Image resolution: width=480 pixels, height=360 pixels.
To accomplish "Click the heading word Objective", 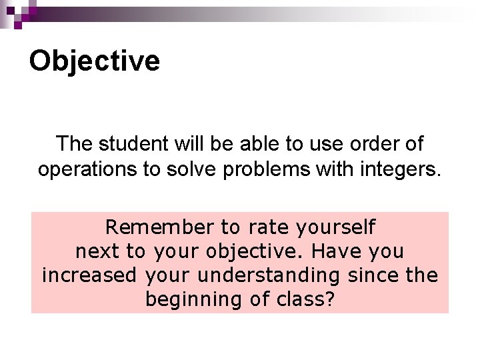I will coord(94,61).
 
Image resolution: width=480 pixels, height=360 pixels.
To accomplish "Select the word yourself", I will coord(335,228).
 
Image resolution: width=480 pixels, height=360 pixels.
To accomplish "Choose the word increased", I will coord(89,275).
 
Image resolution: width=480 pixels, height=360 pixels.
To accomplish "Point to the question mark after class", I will coord(329,299).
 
